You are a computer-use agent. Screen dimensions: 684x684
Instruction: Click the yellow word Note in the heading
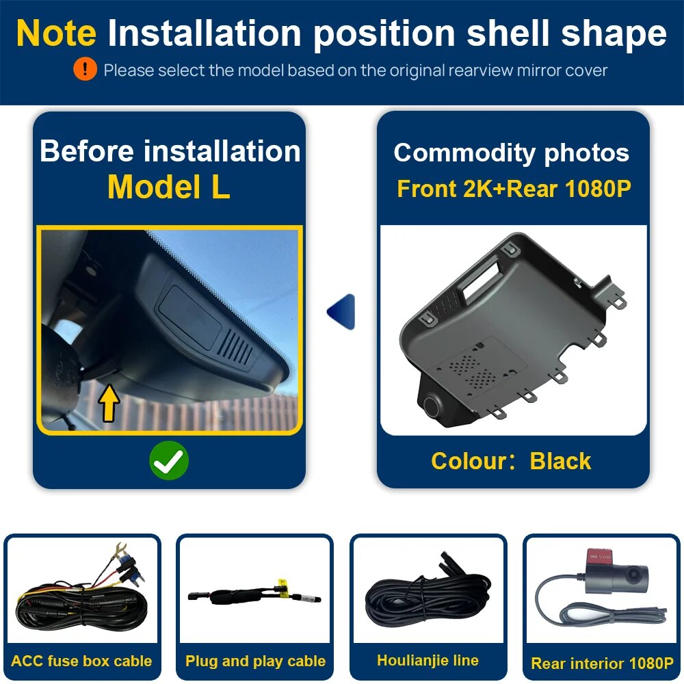[56, 33]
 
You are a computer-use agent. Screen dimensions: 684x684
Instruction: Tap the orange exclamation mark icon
[85, 69]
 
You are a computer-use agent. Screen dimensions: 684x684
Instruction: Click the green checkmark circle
[169, 460]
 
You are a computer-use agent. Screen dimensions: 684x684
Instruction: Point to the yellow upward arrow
[109, 403]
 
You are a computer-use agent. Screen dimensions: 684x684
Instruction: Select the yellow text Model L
[169, 187]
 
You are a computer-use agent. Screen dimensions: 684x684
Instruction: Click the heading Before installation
[170, 151]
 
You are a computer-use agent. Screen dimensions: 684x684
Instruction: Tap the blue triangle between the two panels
[341, 311]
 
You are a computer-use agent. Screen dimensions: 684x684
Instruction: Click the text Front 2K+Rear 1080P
[514, 189]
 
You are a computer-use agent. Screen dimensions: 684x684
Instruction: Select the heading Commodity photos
[511, 153]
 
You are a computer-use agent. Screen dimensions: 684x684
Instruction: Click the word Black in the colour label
[561, 461]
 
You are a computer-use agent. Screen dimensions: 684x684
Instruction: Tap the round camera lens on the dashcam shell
[432, 406]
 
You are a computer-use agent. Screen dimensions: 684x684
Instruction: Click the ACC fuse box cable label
[81, 661]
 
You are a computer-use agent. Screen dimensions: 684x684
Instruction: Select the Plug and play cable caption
[255, 661]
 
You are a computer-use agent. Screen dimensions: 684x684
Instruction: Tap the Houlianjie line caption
[428, 660]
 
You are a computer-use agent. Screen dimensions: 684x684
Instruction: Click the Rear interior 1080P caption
[602, 663]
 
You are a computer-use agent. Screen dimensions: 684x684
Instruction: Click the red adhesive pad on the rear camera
[600, 555]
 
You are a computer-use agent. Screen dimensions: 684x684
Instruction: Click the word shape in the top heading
[614, 34]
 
